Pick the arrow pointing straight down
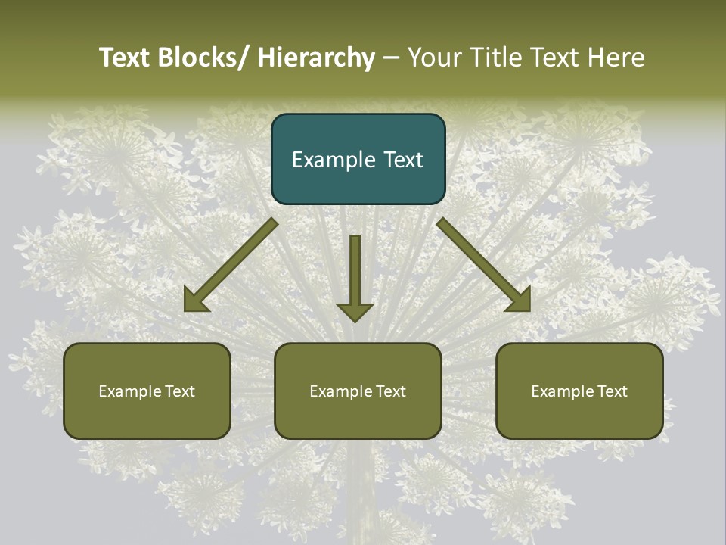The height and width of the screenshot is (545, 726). click(355, 272)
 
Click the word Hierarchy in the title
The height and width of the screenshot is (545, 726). click(316, 58)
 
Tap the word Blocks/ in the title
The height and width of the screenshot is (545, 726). click(204, 58)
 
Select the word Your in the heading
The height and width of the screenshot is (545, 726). click(434, 58)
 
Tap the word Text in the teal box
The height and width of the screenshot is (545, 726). click(402, 160)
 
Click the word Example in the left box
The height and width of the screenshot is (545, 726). click(129, 391)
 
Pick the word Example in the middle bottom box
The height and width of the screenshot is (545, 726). click(340, 391)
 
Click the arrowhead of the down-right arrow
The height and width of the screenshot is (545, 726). click(520, 300)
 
